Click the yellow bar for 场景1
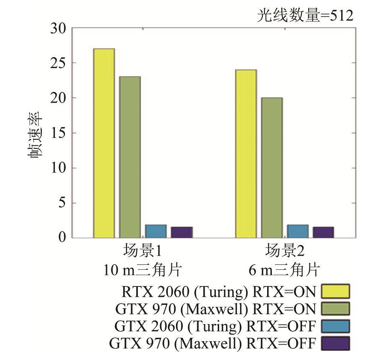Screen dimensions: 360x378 click(x=104, y=143)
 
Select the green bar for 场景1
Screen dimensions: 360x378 click(x=130, y=157)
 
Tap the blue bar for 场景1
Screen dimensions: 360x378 click(x=156, y=231)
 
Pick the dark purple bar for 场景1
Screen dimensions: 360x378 click(x=182, y=232)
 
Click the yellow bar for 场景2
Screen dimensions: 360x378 click(x=246, y=153)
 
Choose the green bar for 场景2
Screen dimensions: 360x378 click(x=272, y=168)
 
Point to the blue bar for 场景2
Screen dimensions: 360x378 click(x=298, y=231)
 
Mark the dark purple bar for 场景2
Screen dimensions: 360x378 click(x=323, y=232)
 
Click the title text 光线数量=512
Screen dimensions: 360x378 click(x=305, y=16)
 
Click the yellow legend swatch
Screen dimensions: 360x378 click(x=335, y=292)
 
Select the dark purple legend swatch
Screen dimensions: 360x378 click(x=335, y=343)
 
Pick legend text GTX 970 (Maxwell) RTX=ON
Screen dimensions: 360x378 click(x=216, y=309)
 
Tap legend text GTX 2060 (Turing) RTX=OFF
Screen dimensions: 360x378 click(x=215, y=326)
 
